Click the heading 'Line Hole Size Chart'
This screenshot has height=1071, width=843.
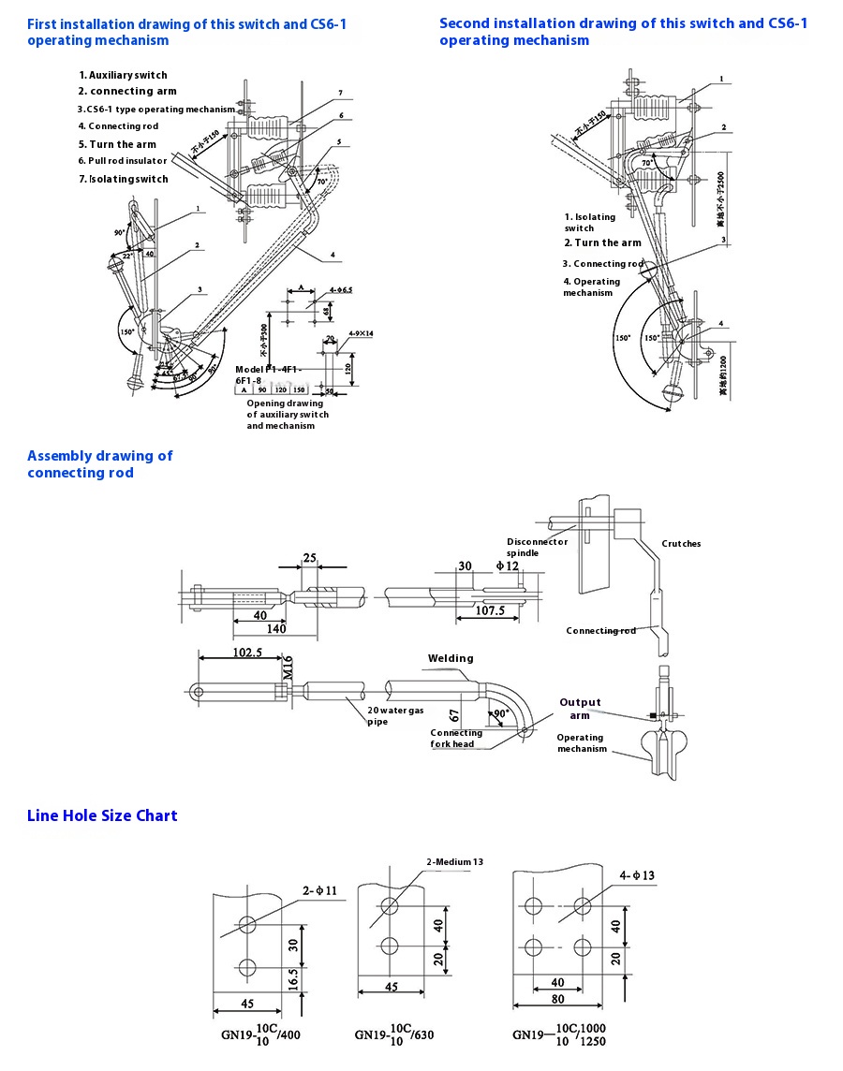coord(102,815)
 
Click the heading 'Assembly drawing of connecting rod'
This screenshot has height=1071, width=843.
coord(99,464)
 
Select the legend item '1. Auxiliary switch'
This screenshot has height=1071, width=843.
coord(123,75)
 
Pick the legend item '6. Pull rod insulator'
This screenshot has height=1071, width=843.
coord(122,161)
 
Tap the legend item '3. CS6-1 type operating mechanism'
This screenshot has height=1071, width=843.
coord(155,110)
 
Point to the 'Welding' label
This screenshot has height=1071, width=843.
coord(451,658)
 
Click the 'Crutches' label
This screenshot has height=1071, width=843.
coord(681,544)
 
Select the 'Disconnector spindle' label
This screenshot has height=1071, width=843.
coord(537,548)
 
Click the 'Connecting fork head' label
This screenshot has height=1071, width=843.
coord(456,739)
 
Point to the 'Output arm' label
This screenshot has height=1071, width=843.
coord(580,709)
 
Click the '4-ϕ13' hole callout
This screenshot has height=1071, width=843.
coord(636,876)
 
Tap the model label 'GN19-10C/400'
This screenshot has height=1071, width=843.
coord(261,1034)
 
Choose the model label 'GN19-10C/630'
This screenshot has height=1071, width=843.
coord(394,1034)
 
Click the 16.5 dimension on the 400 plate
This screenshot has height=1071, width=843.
coord(294,979)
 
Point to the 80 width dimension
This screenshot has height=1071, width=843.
coord(557,998)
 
